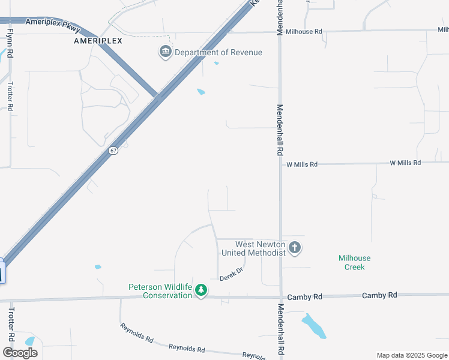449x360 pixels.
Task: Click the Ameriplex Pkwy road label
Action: pyautogui.click(x=53, y=25)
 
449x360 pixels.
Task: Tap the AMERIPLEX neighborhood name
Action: pyautogui.click(x=98, y=41)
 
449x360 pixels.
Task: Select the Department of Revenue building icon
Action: pyautogui.click(x=165, y=52)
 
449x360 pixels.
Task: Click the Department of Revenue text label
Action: pyautogui.click(x=218, y=52)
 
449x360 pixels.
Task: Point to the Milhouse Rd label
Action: pyautogui.click(x=304, y=31)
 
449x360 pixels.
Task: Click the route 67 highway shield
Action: pyautogui.click(x=113, y=151)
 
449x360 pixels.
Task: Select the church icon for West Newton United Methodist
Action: pyautogui.click(x=294, y=247)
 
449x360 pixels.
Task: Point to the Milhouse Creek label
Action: pyautogui.click(x=355, y=262)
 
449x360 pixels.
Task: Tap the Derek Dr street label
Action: pyautogui.click(x=231, y=274)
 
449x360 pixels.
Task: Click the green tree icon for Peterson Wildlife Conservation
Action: pyautogui.click(x=202, y=290)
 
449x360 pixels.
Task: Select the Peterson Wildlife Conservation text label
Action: pyautogui.click(x=160, y=291)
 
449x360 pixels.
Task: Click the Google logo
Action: pyautogui.click(x=20, y=352)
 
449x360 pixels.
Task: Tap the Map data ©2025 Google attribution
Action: pyautogui.click(x=411, y=355)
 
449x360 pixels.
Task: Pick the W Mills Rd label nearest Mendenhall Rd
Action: pyautogui.click(x=301, y=164)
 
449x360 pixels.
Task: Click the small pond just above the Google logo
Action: pyautogui.click(x=30, y=341)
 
